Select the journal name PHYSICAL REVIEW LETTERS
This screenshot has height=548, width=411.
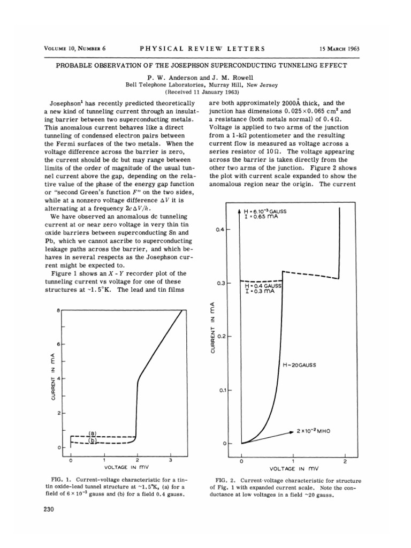coord(202,49)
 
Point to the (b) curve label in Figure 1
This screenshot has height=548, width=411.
coord(93,440)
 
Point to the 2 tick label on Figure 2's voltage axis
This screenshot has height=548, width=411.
coord(345,461)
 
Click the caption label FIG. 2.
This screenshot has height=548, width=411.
coord(224,481)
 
